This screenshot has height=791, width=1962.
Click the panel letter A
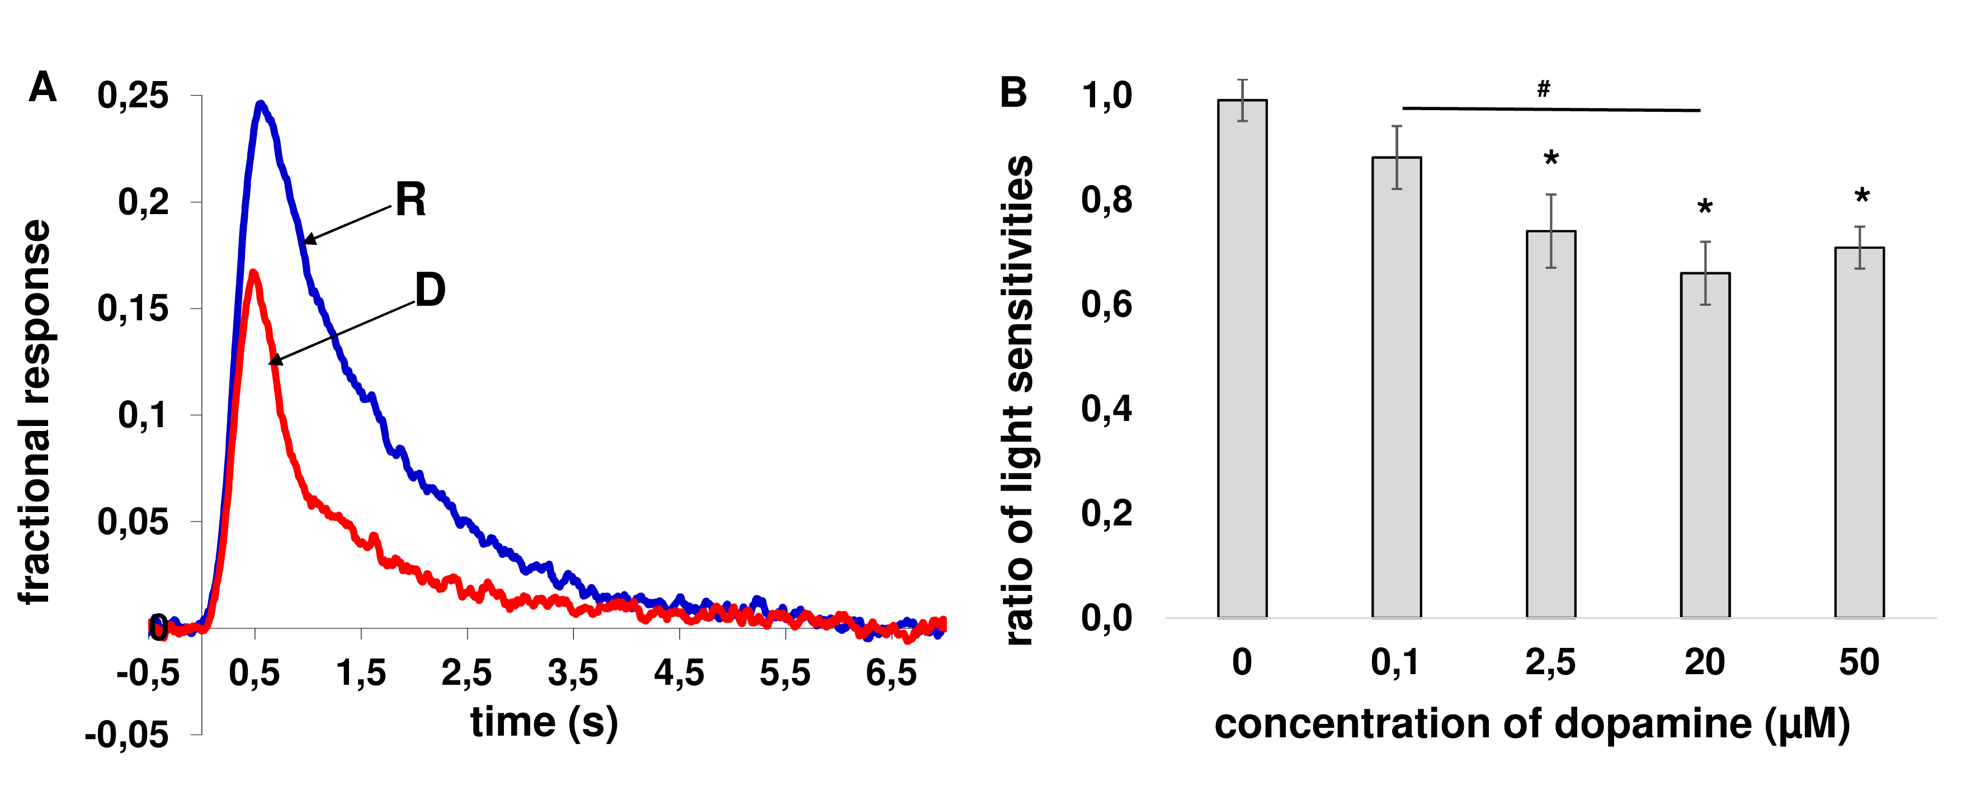(x=43, y=88)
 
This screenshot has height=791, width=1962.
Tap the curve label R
(x=411, y=200)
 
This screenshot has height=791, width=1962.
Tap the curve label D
(x=430, y=290)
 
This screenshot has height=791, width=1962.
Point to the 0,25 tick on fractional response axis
(x=133, y=96)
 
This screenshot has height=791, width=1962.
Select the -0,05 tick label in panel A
(x=127, y=735)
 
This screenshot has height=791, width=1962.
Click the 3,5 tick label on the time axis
(x=573, y=673)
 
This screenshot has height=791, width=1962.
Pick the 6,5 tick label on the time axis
(x=891, y=673)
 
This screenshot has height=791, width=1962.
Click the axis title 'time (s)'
(x=544, y=722)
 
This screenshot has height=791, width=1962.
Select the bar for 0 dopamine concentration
(x=1242, y=358)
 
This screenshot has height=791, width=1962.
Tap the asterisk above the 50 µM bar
(x=1861, y=196)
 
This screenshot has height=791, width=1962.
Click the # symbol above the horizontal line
(x=1543, y=89)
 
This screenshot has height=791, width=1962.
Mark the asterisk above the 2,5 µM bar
(x=1551, y=159)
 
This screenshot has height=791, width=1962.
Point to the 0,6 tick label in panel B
(x=1106, y=305)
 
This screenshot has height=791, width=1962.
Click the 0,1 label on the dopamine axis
(x=1395, y=662)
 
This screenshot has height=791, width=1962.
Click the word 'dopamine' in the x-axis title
(x=1653, y=723)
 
